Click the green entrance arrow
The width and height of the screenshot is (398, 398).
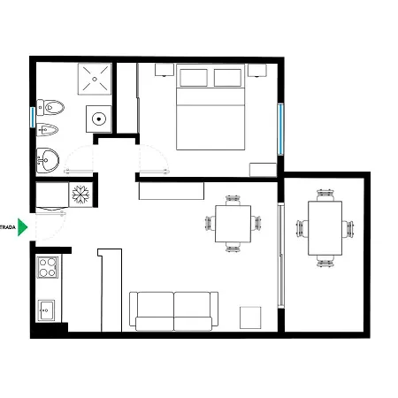pyautogui.click(x=24, y=226)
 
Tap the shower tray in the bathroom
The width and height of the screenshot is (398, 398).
pyautogui.click(x=96, y=79)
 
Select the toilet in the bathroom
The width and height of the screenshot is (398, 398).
pyautogui.click(x=52, y=108)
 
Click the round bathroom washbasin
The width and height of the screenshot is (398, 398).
pyautogui.click(x=49, y=160)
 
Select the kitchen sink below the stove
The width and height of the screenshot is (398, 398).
pyautogui.click(x=47, y=310)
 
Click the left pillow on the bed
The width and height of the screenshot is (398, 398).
pyautogui.click(x=194, y=78)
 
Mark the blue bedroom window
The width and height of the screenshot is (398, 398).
pyautogui.click(x=280, y=128)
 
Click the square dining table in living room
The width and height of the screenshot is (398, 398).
pyautogui.click(x=233, y=225)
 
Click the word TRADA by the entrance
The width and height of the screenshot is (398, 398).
pyautogui.click(x=8, y=227)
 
